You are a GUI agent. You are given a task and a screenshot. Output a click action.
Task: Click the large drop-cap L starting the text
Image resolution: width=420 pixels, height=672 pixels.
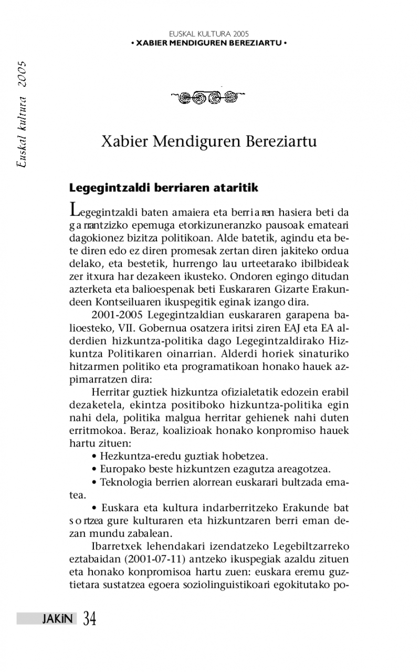click(75, 210)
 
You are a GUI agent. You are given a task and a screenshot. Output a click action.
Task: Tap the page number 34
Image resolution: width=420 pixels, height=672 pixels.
click(89, 619)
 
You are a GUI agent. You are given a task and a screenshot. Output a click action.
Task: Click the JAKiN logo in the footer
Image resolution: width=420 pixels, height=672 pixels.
click(58, 619)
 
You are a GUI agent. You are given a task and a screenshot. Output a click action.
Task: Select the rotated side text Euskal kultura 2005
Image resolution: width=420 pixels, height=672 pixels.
click(22, 113)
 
